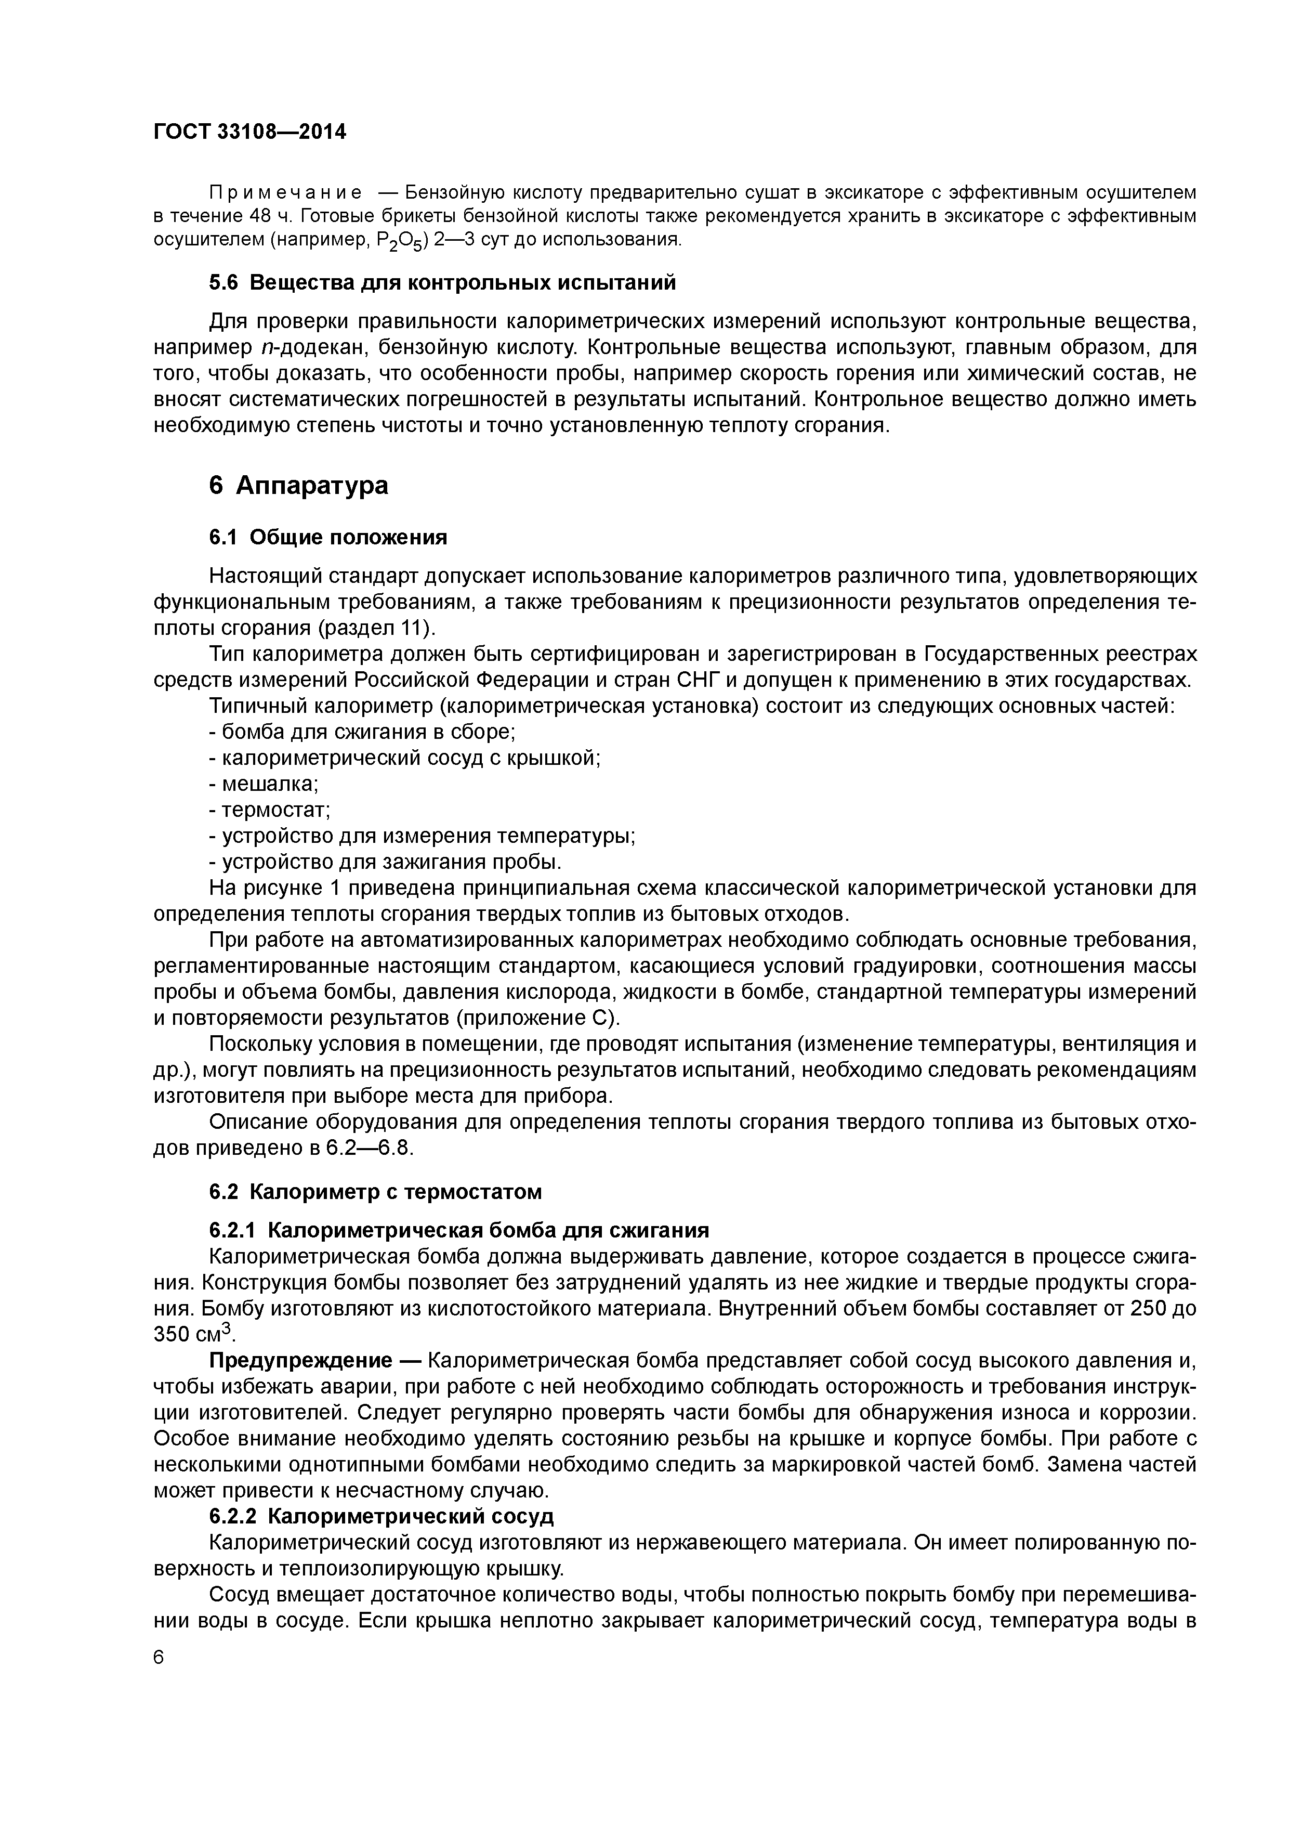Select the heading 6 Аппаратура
299,486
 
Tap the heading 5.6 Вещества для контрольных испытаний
442,283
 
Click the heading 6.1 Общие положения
328,538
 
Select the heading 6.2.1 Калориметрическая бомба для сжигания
458,1231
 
